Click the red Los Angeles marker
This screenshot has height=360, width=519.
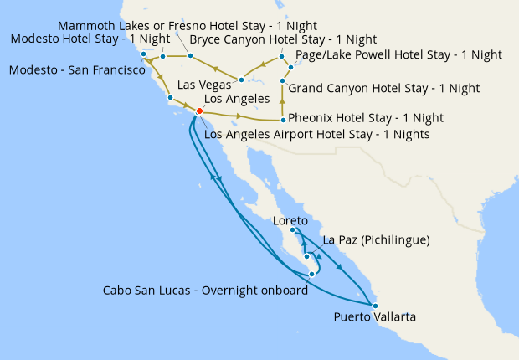pyautogui.click(x=199, y=111)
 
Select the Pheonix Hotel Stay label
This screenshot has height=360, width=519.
pyautogui.click(x=365, y=118)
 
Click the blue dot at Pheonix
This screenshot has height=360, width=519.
pyautogui.click(x=283, y=120)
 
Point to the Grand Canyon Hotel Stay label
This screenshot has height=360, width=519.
pyautogui.click(x=383, y=88)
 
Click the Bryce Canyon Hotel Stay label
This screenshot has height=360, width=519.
pyautogui.click(x=283, y=39)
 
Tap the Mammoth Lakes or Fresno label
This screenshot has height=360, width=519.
pyautogui.click(x=188, y=26)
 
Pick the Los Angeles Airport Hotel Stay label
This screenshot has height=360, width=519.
pyautogui.click(x=316, y=134)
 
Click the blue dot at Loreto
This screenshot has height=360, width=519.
pyautogui.click(x=292, y=230)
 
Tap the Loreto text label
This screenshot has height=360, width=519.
pyautogui.click(x=290, y=220)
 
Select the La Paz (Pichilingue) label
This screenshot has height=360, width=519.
pyautogui.click(x=376, y=240)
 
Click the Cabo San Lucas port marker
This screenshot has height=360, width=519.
pyautogui.click(x=311, y=274)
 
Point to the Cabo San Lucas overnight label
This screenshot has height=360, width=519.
pyautogui.click(x=205, y=291)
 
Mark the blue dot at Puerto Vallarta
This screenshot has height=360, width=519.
pyautogui.click(x=374, y=305)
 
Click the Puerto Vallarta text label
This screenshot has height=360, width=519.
pyautogui.click(x=374, y=316)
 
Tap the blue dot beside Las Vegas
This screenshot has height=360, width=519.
pyautogui.click(x=241, y=80)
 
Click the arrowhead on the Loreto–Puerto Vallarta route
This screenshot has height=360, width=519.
pyautogui.click(x=339, y=267)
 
